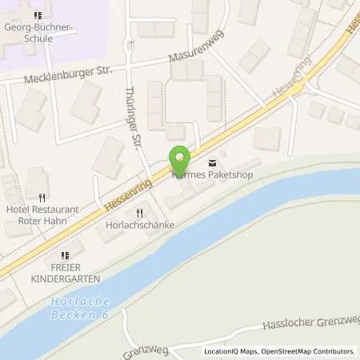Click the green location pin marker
coord(179,158)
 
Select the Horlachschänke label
coord(140,226)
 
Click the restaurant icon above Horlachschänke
coord(139,213)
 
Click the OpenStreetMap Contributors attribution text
coord(311,351)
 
